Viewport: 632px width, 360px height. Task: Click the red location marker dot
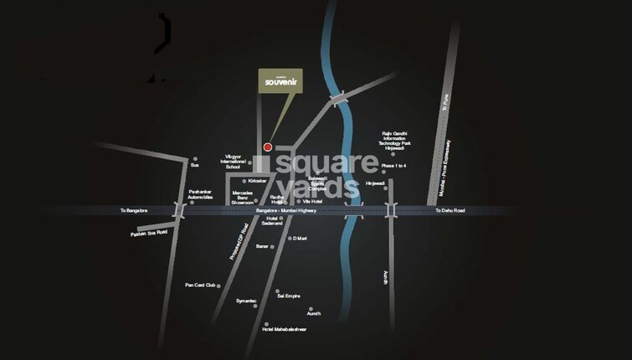[268, 147]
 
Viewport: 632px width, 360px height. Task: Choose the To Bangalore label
[134, 210]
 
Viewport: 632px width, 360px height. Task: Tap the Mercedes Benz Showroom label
[243, 198]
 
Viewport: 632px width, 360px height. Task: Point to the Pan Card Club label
[201, 285]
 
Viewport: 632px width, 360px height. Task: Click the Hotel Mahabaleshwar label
[285, 329]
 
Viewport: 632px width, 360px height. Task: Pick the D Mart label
[301, 239]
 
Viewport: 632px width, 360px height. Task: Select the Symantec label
[246, 300]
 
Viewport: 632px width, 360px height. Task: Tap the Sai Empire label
[288, 295]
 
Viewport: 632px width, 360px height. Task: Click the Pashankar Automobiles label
[201, 194]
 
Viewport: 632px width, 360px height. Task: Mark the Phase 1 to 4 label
[393, 167]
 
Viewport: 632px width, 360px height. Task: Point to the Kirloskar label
[257, 180]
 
